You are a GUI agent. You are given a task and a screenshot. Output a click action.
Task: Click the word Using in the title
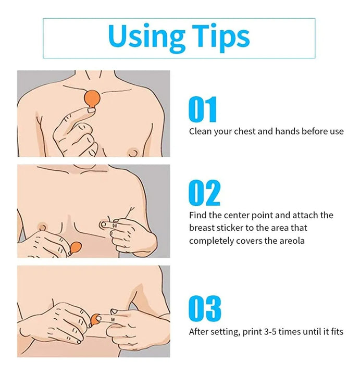pyautogui.click(x=146, y=37)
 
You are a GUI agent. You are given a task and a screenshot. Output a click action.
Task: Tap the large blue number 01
pyautogui.click(x=203, y=109)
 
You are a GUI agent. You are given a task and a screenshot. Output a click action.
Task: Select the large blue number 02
pyautogui.click(x=204, y=193)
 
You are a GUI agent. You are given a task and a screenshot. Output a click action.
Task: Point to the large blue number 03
pyautogui.click(x=205, y=308)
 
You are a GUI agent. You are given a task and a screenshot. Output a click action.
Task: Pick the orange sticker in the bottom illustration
pyautogui.click(x=95, y=320)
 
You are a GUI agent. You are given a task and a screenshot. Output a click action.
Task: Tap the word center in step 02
pyautogui.click(x=234, y=215)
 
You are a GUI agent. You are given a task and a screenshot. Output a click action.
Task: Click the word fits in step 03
pyautogui.click(x=337, y=331)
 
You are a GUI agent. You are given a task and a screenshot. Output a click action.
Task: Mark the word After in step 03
pyautogui.click(x=197, y=331)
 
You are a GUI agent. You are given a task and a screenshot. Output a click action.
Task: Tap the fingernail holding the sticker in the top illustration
pyautogui.click(x=91, y=110)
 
